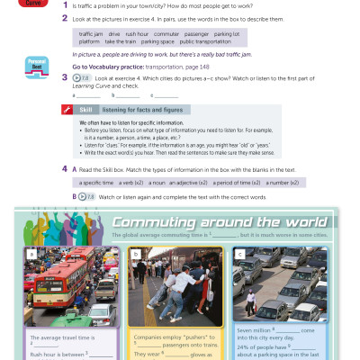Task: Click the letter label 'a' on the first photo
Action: pyautogui.click(x=32, y=254)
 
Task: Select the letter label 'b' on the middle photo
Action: pyautogui.click(x=136, y=254)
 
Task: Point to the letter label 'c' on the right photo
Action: pyautogui.click(x=239, y=254)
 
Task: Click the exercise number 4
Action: pyautogui.click(x=64, y=168)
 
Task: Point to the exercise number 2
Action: pyautogui.click(x=64, y=18)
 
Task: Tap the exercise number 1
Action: pyautogui.click(x=64, y=4)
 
